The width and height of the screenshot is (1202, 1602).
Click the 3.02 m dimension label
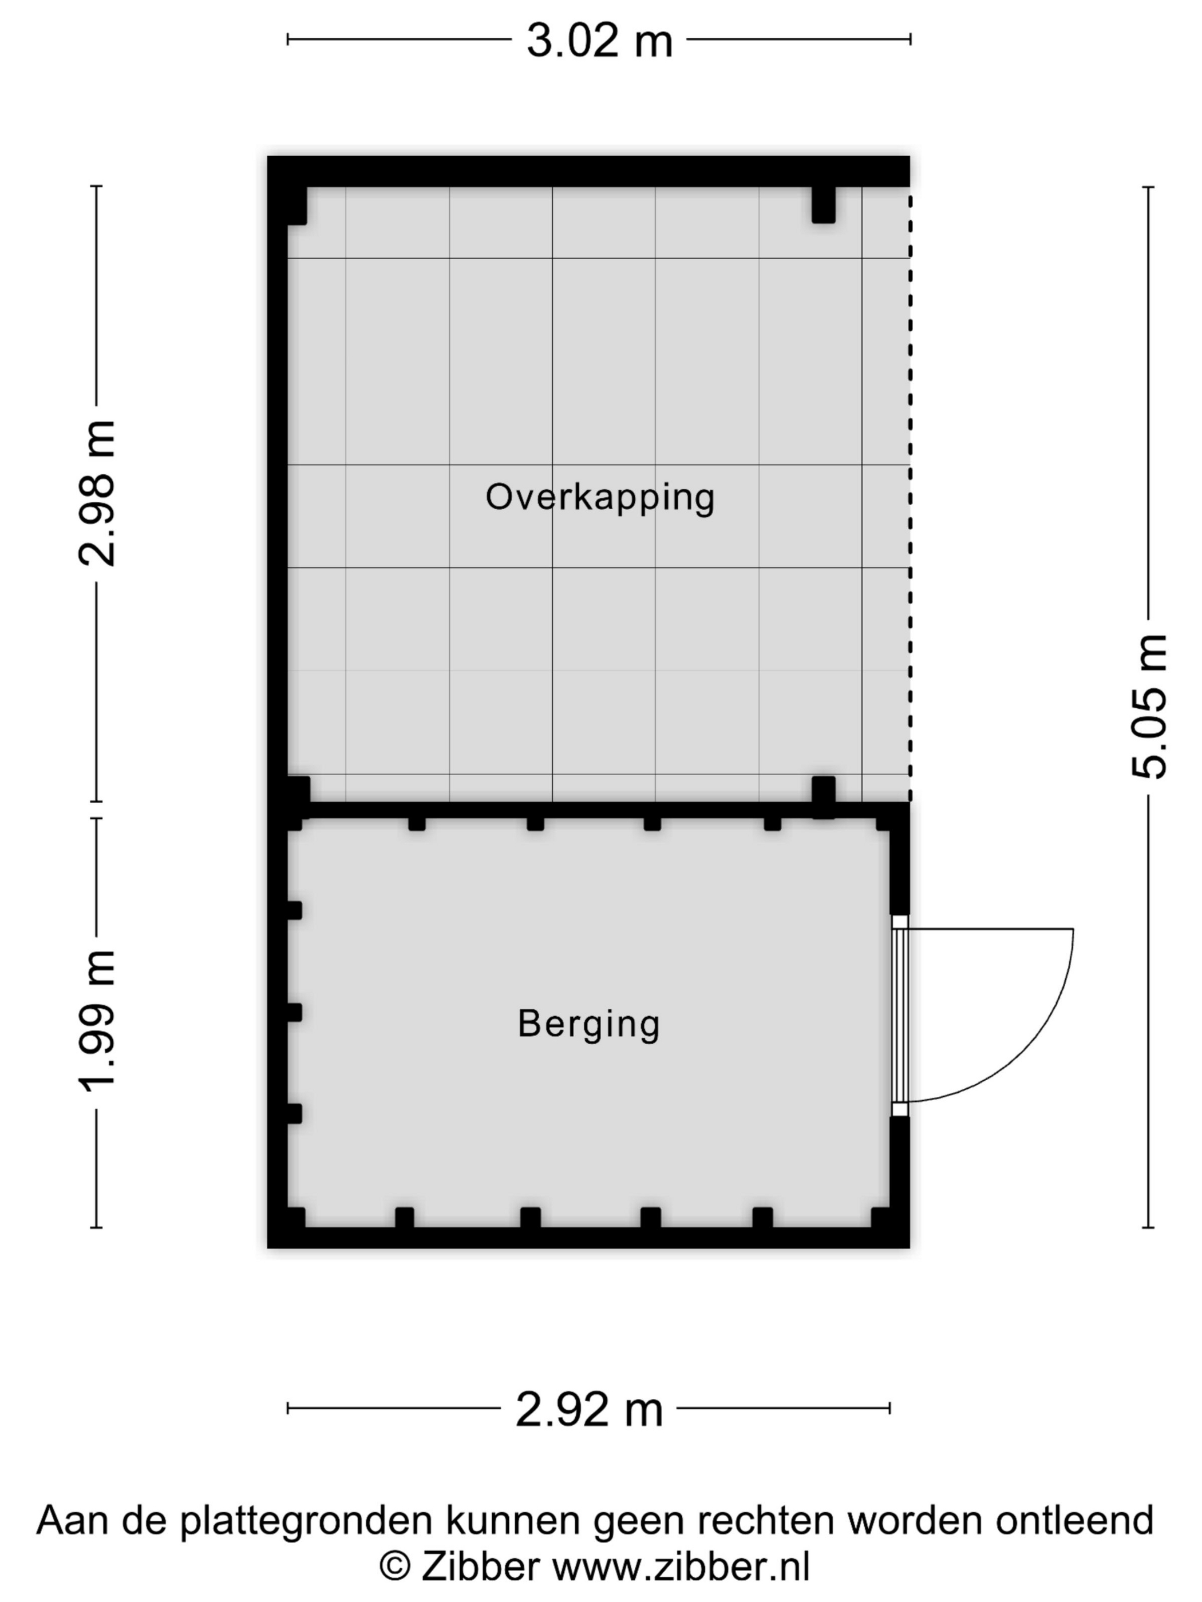pyautogui.click(x=599, y=41)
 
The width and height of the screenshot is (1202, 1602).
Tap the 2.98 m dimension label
pyautogui.click(x=96, y=493)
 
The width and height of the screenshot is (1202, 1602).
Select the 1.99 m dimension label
pyautogui.click(x=96, y=1021)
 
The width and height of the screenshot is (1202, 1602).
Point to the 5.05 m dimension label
pyautogui.click(x=1149, y=706)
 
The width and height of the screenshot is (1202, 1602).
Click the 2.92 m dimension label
pyautogui.click(x=589, y=1409)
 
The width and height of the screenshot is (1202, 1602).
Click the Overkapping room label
pyautogui.click(x=600, y=498)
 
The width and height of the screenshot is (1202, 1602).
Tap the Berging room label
pyautogui.click(x=588, y=1024)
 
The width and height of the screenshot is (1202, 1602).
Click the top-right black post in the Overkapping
pyautogui.click(x=823, y=204)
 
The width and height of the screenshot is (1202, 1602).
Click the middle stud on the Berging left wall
pyautogui.click(x=294, y=1012)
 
